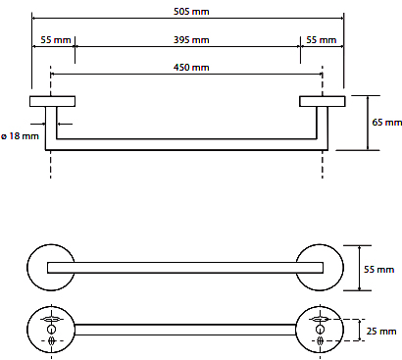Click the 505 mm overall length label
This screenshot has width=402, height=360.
pyautogui.click(x=191, y=12)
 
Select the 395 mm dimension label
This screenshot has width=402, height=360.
pyautogui.click(x=191, y=40)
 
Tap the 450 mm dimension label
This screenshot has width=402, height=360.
pyautogui.click(x=191, y=68)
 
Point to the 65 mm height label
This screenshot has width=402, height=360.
pyautogui.click(x=387, y=123)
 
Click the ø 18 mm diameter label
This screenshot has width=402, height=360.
pyautogui.click(x=20, y=136)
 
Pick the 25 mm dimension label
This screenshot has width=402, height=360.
pyautogui.click(x=381, y=332)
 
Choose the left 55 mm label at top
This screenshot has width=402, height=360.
pyautogui.click(x=56, y=40)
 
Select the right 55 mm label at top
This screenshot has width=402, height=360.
pyautogui.click(x=322, y=40)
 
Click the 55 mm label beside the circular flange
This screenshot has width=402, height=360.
pyautogui.click(x=379, y=270)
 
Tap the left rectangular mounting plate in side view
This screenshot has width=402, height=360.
pyautogui.click(x=53, y=101)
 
